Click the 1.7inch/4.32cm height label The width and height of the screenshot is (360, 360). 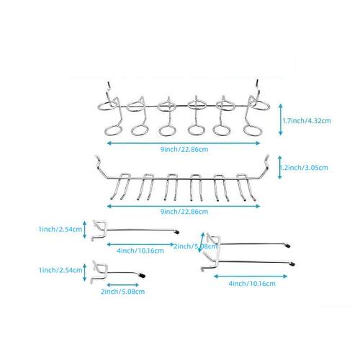pos(307,120)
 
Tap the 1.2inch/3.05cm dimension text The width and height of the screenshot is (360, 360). pos(304,168)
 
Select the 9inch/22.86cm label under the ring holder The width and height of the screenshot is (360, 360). pos(184,149)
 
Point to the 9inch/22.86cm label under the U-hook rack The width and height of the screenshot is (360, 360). pos(184,212)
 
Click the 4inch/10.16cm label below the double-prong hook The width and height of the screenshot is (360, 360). pos(252,284)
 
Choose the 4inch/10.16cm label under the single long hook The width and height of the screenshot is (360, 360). pos(140,251)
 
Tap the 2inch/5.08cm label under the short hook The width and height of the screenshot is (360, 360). pos(122,292)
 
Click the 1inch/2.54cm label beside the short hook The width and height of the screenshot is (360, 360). pos(60,270)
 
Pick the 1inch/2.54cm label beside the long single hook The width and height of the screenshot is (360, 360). pos(60,229)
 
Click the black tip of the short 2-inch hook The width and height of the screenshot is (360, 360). pos(143,275)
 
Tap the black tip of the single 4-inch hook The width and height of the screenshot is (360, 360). pos(177,232)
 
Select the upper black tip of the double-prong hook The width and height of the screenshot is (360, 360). pos(287,246)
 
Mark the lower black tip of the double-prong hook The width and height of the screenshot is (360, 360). pos(292,264)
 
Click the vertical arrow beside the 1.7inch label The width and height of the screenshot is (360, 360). pos(281,120)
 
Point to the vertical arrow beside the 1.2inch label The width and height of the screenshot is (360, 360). pos(279,167)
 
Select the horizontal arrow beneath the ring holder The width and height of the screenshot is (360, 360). pos(184,143)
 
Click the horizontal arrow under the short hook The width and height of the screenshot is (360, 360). pos(122,285)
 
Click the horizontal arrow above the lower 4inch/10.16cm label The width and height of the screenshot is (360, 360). pos(251,276)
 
